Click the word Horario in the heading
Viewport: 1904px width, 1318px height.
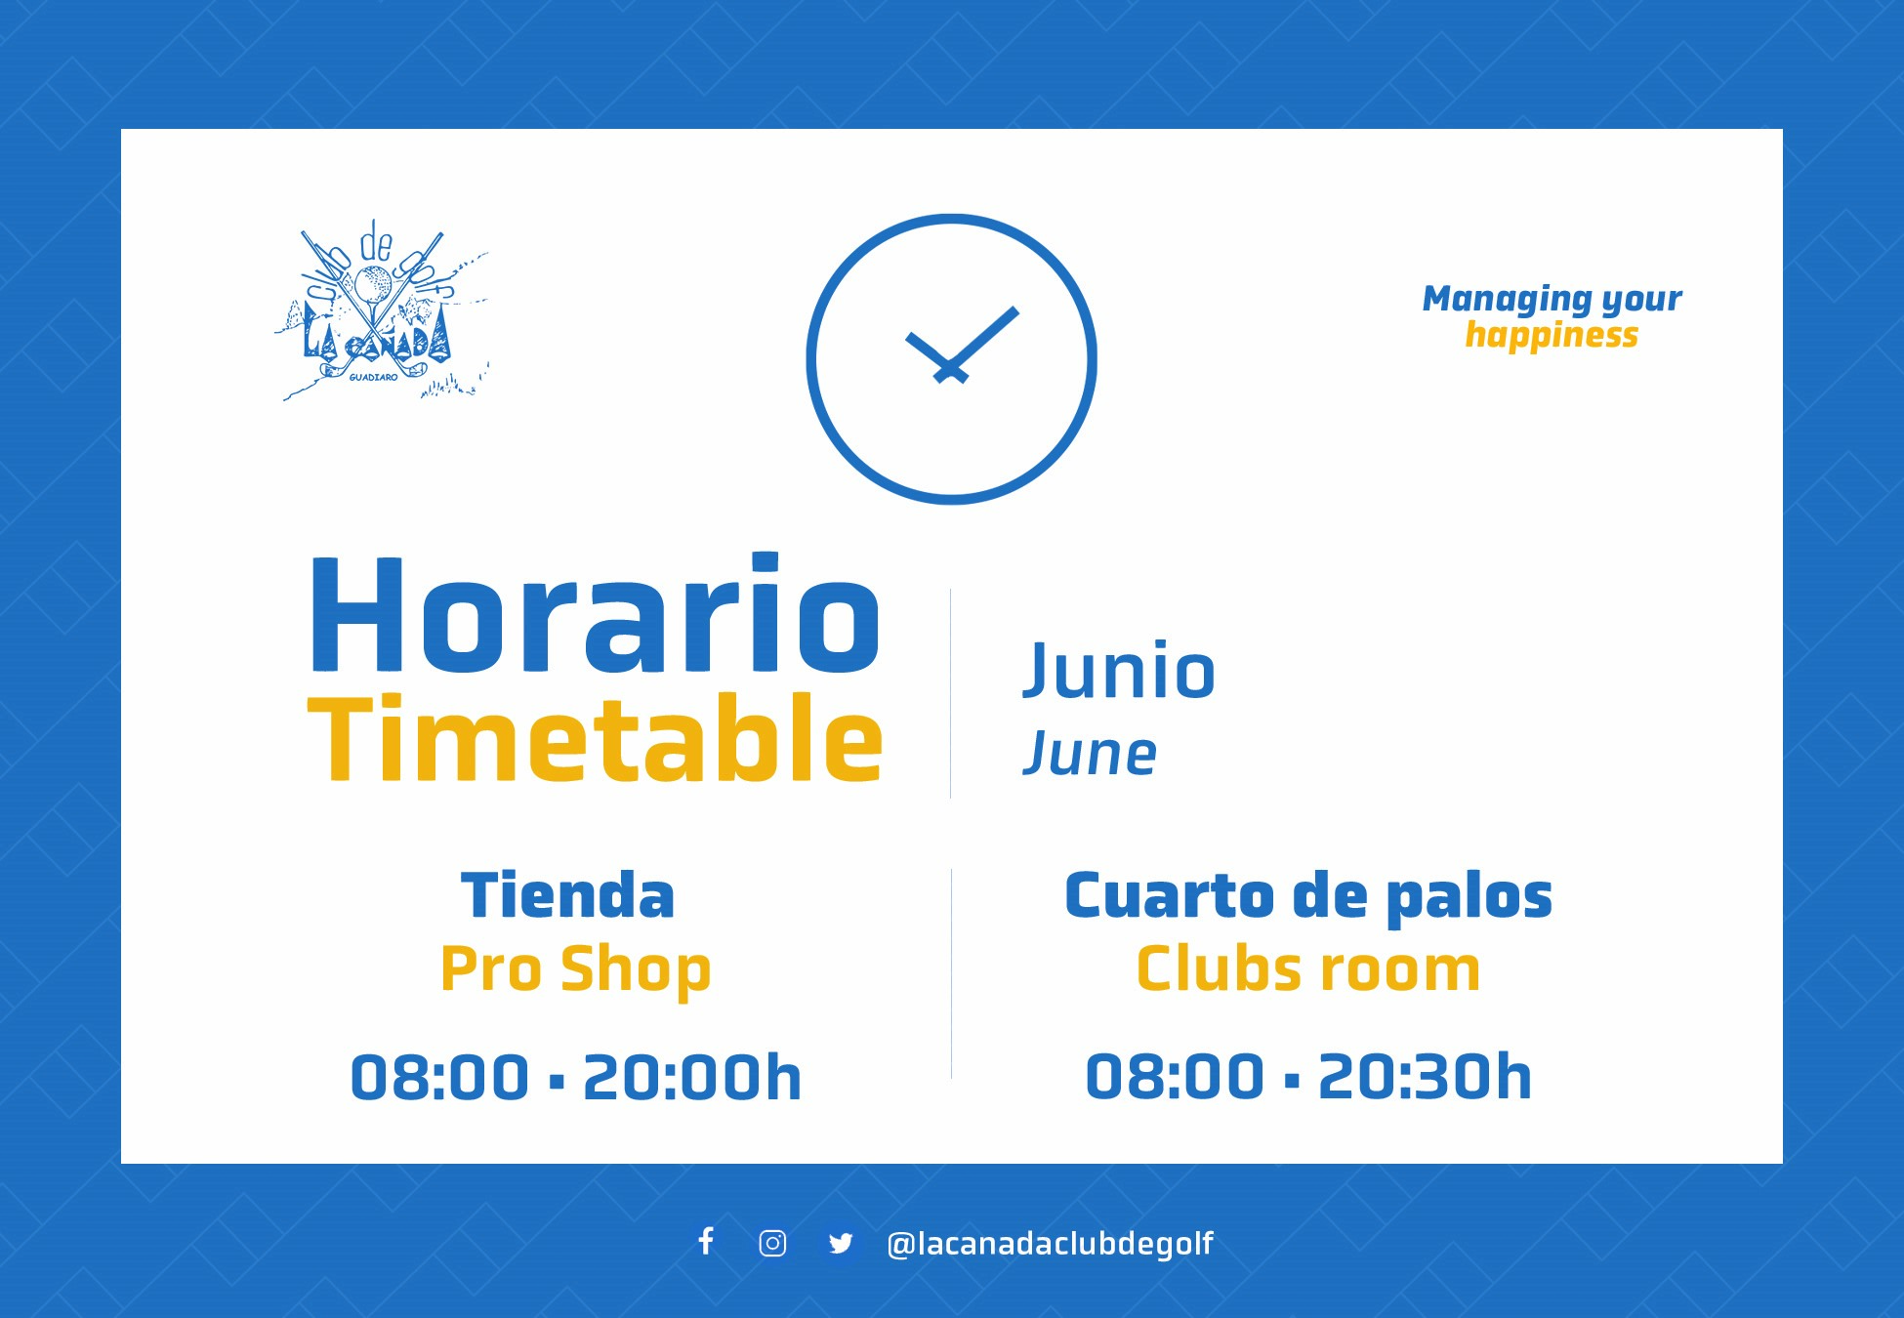595,613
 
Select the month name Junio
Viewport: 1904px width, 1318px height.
1119,671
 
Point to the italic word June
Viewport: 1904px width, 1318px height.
1090,754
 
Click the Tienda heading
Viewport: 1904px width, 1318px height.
567,895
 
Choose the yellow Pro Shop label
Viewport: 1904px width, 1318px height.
576,969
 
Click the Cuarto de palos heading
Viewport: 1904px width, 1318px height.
1308,897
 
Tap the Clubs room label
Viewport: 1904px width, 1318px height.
1308,968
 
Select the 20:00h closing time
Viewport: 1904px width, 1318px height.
692,1078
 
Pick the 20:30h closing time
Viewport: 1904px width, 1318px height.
1426,1078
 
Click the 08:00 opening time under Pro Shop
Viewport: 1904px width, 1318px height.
439,1078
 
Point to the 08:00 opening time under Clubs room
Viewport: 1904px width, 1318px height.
1175,1078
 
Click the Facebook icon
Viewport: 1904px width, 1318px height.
706,1241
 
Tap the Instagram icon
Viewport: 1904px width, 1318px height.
772,1243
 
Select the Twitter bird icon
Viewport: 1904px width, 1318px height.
841,1243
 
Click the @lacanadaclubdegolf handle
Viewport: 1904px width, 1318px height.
1050,1243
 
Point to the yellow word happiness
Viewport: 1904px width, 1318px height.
1552,335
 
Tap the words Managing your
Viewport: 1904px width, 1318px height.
1552,299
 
